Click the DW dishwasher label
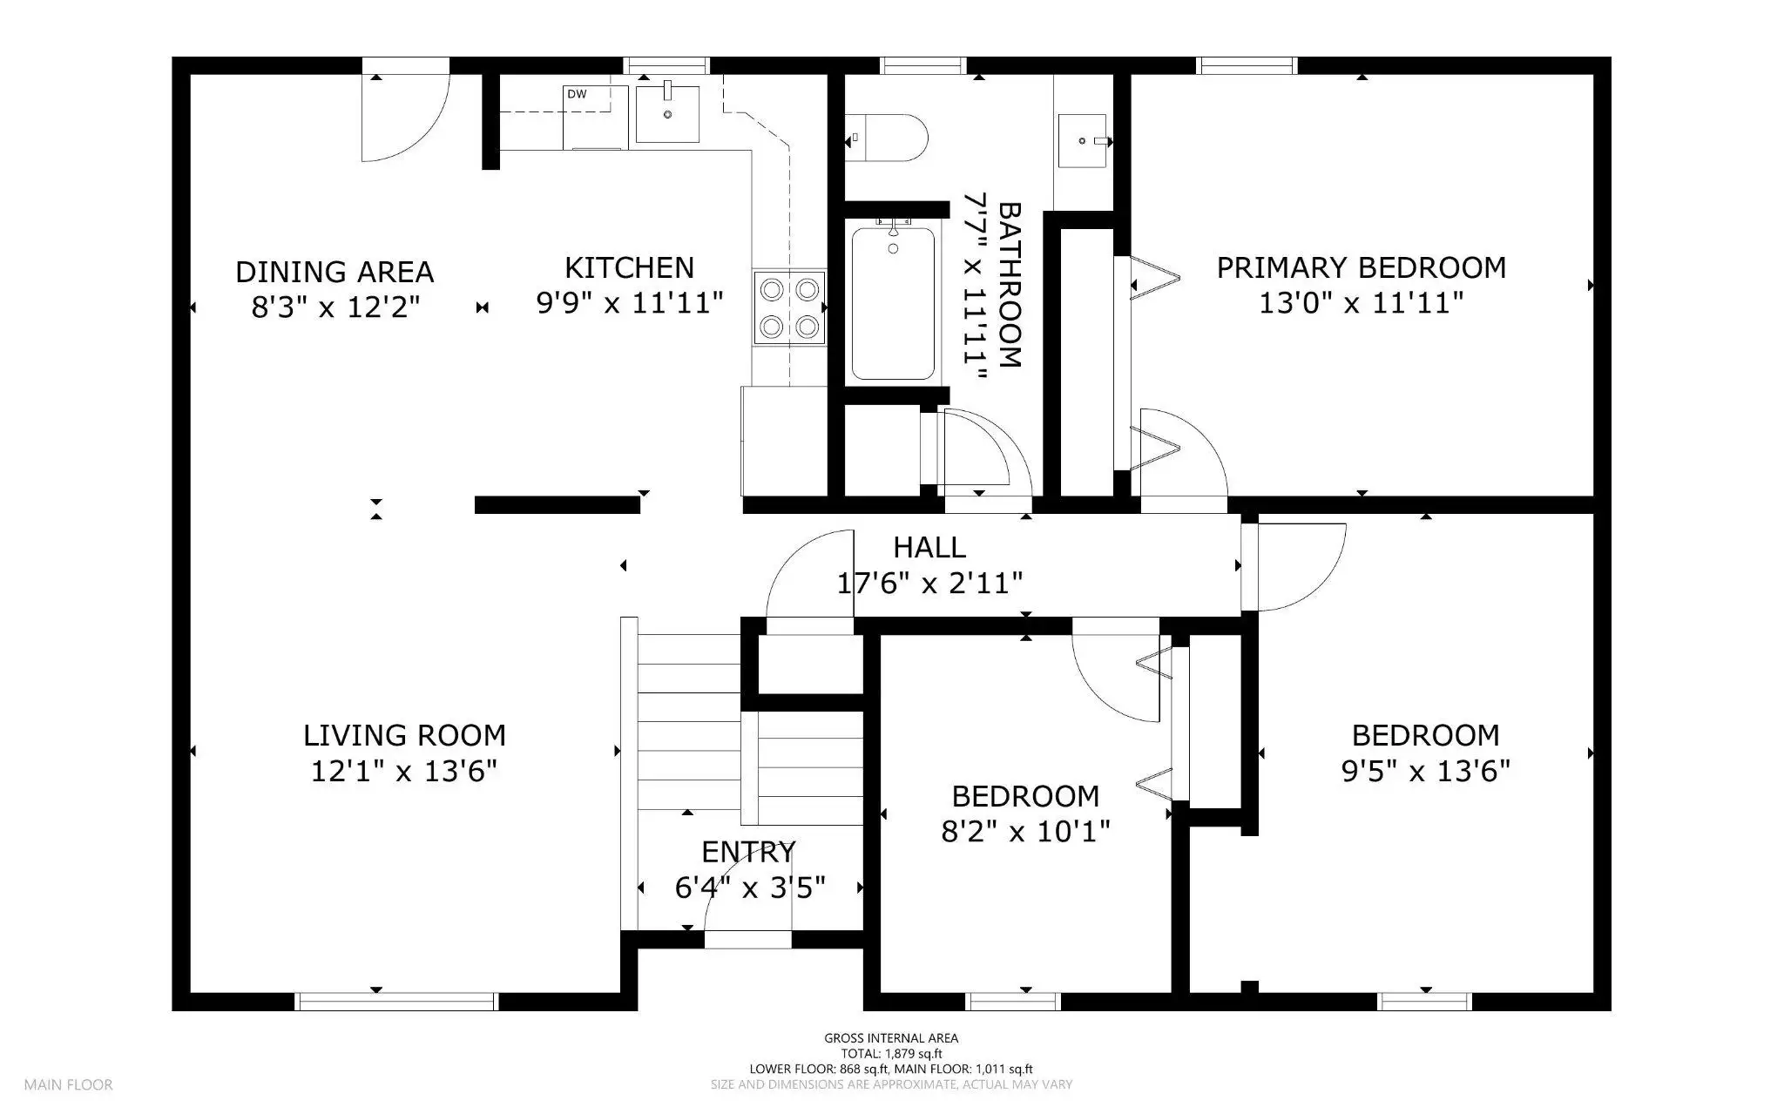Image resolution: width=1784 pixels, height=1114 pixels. pyautogui.click(x=577, y=94)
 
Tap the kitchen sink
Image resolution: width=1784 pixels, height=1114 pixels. pyautogui.click(x=667, y=113)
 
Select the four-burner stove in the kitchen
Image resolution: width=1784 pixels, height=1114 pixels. pyautogui.click(x=789, y=307)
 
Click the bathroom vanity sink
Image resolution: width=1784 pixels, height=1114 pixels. pyautogui.click(x=1083, y=140)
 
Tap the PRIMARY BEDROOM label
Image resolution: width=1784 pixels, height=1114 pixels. pyautogui.click(x=1362, y=267)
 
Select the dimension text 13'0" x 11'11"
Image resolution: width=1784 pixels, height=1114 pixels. pyautogui.click(x=1361, y=303)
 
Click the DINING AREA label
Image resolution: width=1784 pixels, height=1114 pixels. pyautogui.click(x=334, y=272)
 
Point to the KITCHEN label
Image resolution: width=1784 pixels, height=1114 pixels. pyautogui.click(x=629, y=267)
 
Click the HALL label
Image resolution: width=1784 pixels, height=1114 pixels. pyautogui.click(x=929, y=547)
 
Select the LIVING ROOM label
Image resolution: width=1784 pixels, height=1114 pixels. pyautogui.click(x=404, y=735)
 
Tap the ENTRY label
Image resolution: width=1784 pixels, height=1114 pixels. pyautogui.click(x=748, y=851)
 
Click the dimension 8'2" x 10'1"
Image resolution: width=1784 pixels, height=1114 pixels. pyautogui.click(x=1025, y=832)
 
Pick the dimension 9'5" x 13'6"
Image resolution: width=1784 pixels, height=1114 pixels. pyautogui.click(x=1425, y=771)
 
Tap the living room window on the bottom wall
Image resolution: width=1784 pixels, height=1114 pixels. pyautogui.click(x=396, y=1002)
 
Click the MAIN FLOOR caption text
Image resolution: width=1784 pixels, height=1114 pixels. pyautogui.click(x=68, y=1085)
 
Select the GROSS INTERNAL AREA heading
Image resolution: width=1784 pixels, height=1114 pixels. pyautogui.click(x=891, y=1038)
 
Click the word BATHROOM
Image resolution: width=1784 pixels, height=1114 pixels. pyautogui.click(x=1009, y=285)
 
